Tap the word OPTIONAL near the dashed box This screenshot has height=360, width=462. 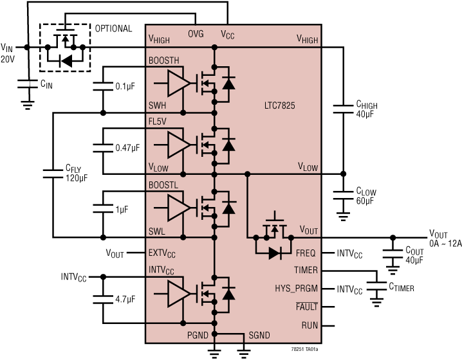[x=113, y=29]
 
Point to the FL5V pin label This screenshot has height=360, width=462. [x=160, y=120]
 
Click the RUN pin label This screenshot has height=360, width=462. [x=310, y=326]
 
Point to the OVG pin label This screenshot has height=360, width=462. [x=196, y=34]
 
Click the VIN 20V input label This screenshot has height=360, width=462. [x=8, y=53]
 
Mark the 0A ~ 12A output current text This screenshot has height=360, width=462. [x=443, y=244]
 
